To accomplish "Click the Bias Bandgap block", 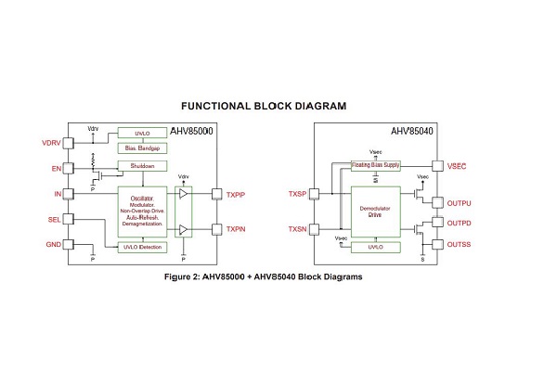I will (142, 148).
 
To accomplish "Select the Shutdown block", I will (142, 165).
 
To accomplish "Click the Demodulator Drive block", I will (375, 212).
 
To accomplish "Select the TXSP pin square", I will (314, 194).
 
